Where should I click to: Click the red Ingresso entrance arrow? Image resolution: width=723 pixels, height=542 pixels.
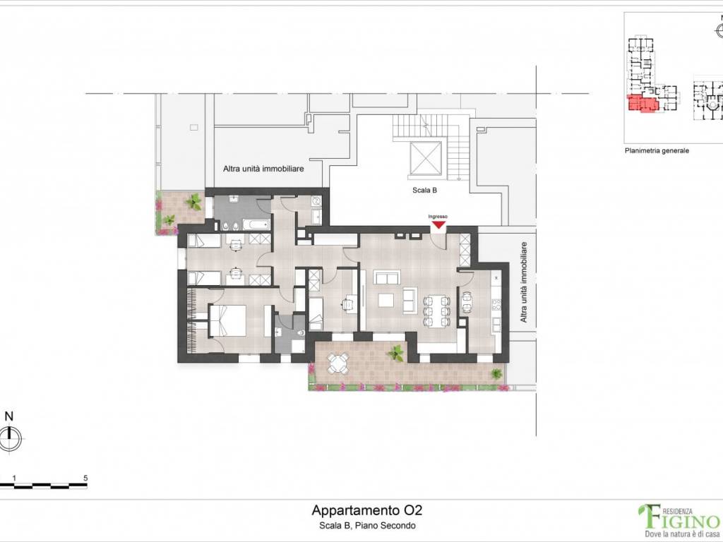(x=438, y=225)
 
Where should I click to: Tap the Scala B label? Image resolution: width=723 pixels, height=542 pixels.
(x=424, y=190)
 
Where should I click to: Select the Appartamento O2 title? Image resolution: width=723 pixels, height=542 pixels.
(x=366, y=510)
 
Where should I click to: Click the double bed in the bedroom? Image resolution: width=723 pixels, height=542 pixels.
(x=227, y=321)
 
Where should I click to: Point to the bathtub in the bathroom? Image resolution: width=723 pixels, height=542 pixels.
(x=256, y=225)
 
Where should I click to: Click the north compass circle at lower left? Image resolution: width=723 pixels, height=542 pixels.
(x=10, y=438)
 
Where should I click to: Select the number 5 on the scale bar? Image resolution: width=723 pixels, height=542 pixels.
(x=85, y=478)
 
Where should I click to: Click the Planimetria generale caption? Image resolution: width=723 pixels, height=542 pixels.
(x=657, y=151)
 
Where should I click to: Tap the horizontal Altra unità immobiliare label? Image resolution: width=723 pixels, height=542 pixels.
(x=263, y=169)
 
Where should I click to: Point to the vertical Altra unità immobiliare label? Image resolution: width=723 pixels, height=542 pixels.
(x=523, y=282)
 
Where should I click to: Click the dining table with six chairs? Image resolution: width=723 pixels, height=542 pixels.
(x=436, y=311)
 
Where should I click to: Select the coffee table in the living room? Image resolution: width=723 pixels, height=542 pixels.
(x=386, y=301)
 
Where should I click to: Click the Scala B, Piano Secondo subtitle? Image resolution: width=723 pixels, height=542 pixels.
(x=367, y=525)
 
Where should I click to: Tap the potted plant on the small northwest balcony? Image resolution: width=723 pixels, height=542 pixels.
(x=193, y=201)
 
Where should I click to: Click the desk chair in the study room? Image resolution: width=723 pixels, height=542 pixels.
(x=346, y=303)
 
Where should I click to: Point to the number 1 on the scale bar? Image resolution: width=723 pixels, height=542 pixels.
(x=14, y=478)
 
